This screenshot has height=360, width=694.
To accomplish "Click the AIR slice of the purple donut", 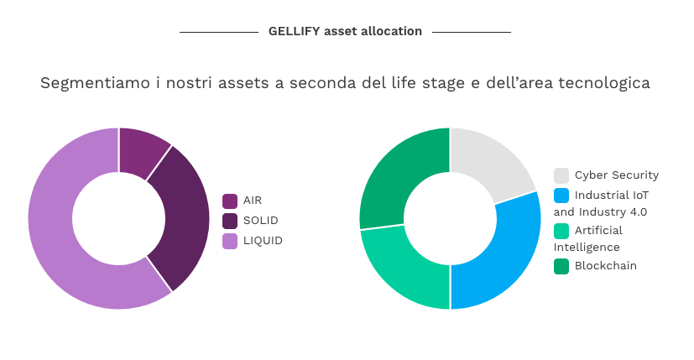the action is (141, 151).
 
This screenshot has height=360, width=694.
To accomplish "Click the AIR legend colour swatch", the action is (230, 201).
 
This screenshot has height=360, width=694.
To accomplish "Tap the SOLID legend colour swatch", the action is (230, 221).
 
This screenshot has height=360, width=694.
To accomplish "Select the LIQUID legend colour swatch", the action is (230, 242).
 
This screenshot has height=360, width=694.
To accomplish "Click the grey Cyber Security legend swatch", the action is (561, 175).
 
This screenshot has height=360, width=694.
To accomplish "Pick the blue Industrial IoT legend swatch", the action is (561, 196).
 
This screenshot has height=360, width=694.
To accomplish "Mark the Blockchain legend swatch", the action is (561, 267).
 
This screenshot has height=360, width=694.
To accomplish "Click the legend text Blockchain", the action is (606, 266).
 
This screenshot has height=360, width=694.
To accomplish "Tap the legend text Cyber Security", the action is (617, 175).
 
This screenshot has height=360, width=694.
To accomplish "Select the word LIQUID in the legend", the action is (263, 241).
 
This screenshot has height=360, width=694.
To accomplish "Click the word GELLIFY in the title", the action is (294, 31).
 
